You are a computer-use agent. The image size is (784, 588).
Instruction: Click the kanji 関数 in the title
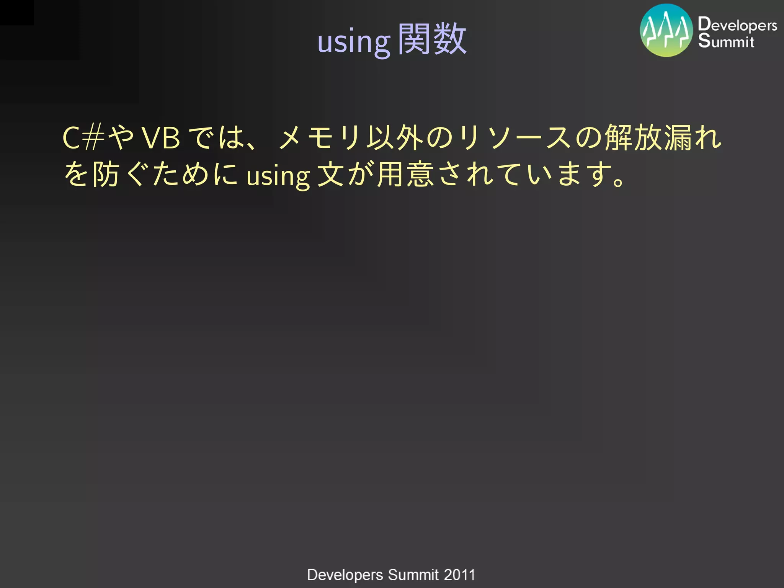click(x=432, y=39)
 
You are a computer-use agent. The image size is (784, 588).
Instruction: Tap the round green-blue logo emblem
click(x=666, y=31)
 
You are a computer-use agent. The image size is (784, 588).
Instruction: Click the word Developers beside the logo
click(x=737, y=25)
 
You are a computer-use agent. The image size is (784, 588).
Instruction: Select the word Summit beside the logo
click(x=726, y=41)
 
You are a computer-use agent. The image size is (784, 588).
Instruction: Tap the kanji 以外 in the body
click(x=394, y=138)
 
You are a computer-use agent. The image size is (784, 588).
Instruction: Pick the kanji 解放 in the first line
click(x=634, y=138)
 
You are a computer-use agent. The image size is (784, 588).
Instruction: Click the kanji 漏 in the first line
click(x=678, y=138)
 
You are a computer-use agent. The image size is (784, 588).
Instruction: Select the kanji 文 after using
click(x=331, y=174)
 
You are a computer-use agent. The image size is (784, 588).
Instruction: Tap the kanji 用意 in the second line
click(x=405, y=174)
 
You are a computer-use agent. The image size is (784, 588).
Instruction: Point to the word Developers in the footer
click(x=345, y=575)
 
